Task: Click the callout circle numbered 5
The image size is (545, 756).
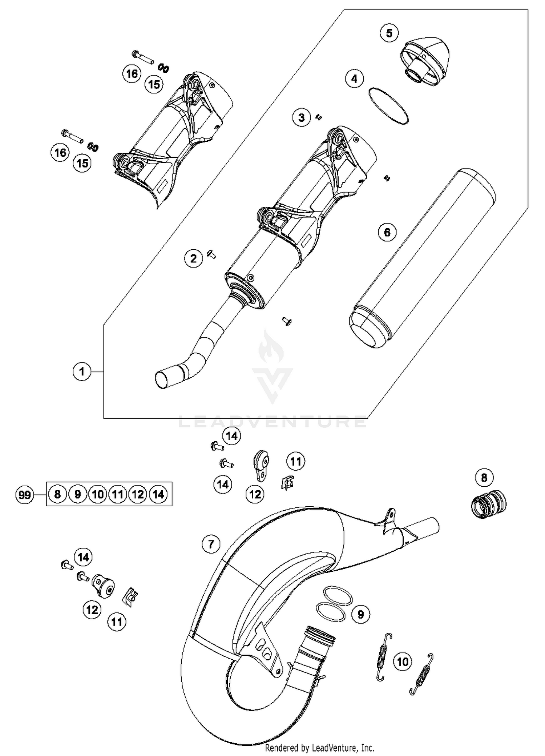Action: [x=389, y=33]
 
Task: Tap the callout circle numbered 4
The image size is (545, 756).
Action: [x=354, y=79]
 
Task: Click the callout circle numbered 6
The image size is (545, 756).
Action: [x=387, y=232]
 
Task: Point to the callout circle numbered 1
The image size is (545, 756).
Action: [x=82, y=371]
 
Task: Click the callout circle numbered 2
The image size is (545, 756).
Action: [x=193, y=259]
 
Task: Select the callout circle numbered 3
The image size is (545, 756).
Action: [x=302, y=118]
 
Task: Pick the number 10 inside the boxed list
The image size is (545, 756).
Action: [x=98, y=494]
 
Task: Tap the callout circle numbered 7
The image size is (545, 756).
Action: [x=211, y=544]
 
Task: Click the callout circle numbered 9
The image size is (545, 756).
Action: [x=360, y=614]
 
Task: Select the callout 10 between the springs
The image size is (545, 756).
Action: [x=403, y=661]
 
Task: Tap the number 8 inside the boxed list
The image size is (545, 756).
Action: [x=57, y=494]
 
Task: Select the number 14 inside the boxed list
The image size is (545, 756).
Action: [x=158, y=494]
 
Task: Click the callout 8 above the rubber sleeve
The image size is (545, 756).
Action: [x=484, y=478]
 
